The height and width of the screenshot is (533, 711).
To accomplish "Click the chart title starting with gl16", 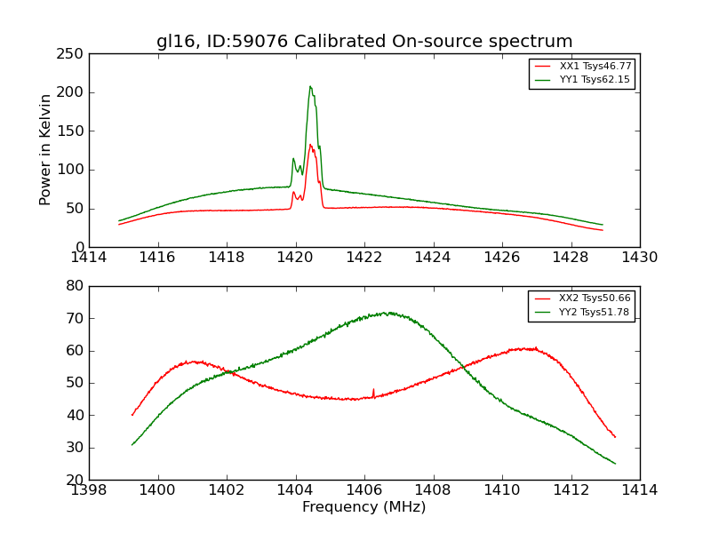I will coord(364,42).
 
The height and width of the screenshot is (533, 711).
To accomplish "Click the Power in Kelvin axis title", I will coord(45,150).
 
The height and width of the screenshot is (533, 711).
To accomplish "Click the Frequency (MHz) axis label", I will coord(363,507).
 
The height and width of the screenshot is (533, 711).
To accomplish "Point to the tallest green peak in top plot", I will coord(310,86).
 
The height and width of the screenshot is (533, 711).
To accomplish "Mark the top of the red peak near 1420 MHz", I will coord(310,144).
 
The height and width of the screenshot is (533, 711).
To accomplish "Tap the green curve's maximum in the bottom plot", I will coord(388,312).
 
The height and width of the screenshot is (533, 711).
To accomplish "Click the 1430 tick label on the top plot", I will coord(639,257).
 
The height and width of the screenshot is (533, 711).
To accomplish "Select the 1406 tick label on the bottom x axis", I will coord(364,489).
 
